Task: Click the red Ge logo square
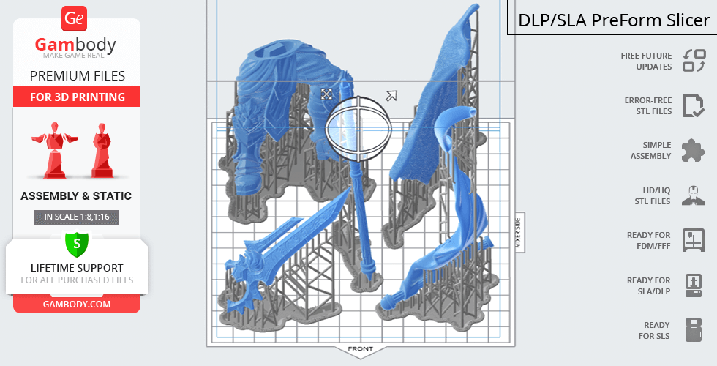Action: (x=74, y=19)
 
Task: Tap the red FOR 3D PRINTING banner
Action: (x=77, y=97)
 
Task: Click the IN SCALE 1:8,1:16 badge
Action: (x=77, y=217)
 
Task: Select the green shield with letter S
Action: (x=77, y=244)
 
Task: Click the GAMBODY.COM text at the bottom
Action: (x=77, y=305)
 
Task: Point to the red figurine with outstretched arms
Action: (x=54, y=150)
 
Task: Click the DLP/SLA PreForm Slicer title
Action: (x=614, y=20)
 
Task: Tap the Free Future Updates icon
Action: (x=694, y=61)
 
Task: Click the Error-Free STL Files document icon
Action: (x=694, y=105)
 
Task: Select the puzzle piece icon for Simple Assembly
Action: (x=694, y=151)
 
